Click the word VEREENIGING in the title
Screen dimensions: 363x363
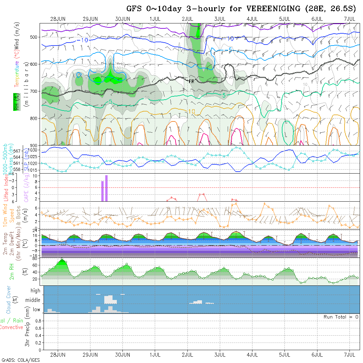click(x=272, y=9)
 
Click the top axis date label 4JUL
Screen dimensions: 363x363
click(x=252, y=19)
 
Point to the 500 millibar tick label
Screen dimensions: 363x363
click(x=34, y=37)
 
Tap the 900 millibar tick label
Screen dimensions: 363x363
click(x=34, y=145)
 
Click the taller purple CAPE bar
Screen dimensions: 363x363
click(x=107, y=188)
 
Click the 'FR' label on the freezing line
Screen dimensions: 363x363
click(x=191, y=81)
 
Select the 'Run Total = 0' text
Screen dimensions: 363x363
click(x=341, y=317)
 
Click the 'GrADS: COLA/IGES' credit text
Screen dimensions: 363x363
click(x=21, y=360)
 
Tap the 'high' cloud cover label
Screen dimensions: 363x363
click(x=35, y=291)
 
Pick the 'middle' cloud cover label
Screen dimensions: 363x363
click(x=33, y=300)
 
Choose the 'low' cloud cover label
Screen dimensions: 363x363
click(x=36, y=310)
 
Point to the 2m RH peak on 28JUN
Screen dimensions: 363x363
click(x=62, y=259)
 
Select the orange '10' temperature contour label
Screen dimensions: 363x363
click(x=192, y=112)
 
